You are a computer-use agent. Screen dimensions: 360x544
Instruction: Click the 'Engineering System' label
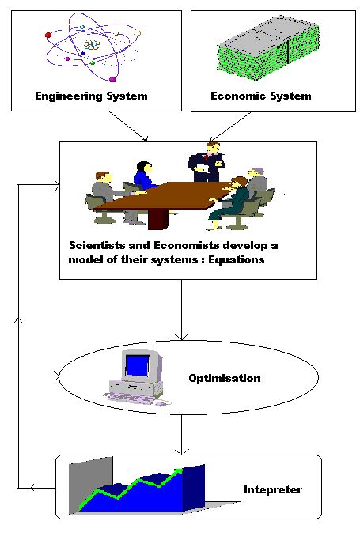91,96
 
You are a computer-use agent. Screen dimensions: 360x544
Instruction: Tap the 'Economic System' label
261,96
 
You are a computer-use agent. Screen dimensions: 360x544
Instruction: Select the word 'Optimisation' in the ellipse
225,378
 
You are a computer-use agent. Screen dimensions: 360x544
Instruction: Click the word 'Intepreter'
273,490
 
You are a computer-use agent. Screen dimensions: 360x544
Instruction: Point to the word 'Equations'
236,259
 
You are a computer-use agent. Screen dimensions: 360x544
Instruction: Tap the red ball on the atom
48,35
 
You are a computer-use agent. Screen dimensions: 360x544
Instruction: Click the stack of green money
268,47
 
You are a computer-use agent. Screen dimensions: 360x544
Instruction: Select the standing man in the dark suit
207,161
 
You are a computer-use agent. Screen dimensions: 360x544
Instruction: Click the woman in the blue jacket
144,176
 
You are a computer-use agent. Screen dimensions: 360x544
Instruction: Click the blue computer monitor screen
137,365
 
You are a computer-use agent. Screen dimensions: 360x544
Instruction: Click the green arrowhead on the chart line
178,471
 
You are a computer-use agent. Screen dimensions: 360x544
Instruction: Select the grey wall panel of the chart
91,485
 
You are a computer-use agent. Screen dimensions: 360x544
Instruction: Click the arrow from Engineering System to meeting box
128,127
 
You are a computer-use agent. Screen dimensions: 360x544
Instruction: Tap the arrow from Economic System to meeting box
230,127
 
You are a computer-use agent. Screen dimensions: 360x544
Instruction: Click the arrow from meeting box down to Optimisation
181,310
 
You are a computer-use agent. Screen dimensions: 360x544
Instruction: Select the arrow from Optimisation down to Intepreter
181,434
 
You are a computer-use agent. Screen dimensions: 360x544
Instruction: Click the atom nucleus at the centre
92,45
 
